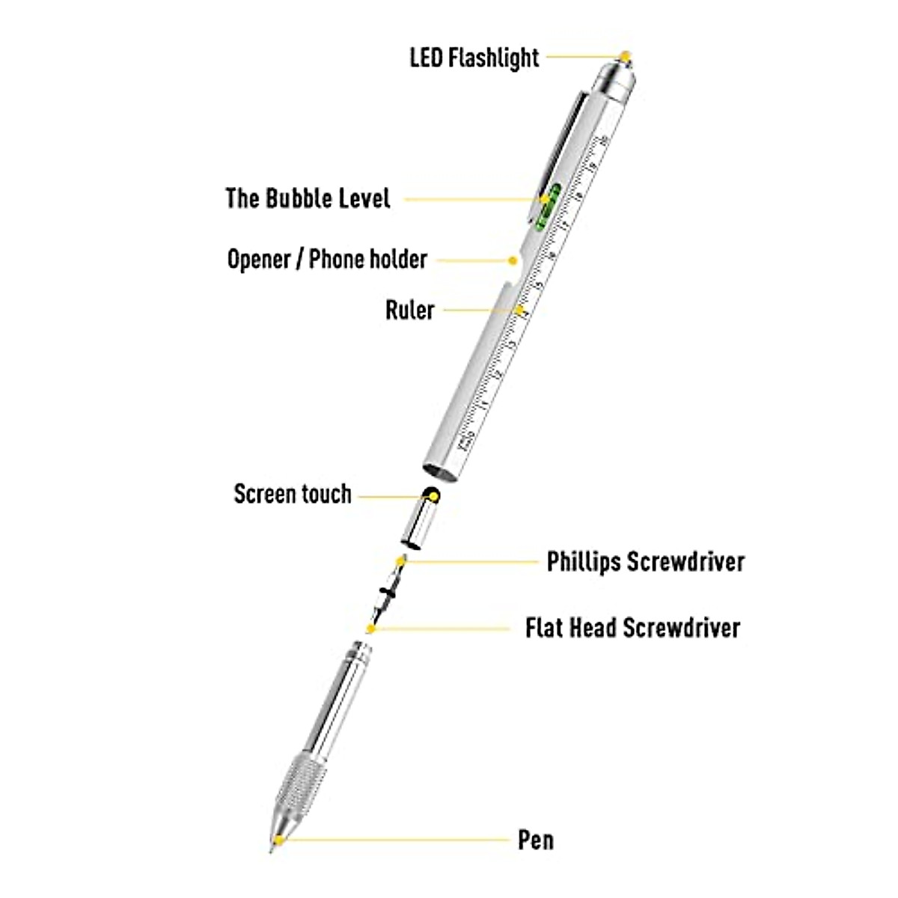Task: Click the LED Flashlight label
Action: click(x=474, y=58)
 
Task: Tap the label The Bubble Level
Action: click(x=308, y=198)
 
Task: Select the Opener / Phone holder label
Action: click(x=327, y=260)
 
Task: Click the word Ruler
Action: click(x=409, y=309)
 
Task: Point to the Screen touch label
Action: click(x=292, y=494)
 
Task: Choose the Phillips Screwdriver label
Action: click(x=645, y=561)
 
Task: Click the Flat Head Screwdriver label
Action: click(x=632, y=626)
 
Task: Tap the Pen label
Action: click(x=536, y=840)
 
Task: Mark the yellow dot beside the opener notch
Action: click(x=513, y=260)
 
